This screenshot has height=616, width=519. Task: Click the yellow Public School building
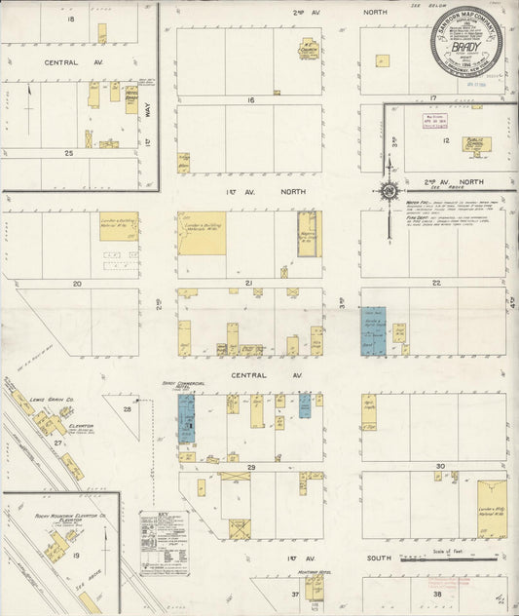[476, 144]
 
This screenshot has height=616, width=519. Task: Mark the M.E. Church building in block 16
[310, 46]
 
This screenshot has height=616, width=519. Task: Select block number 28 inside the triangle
[128, 410]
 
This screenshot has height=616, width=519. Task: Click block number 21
[249, 284]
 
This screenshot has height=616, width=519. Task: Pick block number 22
[437, 284]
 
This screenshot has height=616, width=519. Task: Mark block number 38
[437, 594]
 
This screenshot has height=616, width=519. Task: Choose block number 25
[69, 153]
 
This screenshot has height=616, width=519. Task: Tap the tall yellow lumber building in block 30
[491, 508]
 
